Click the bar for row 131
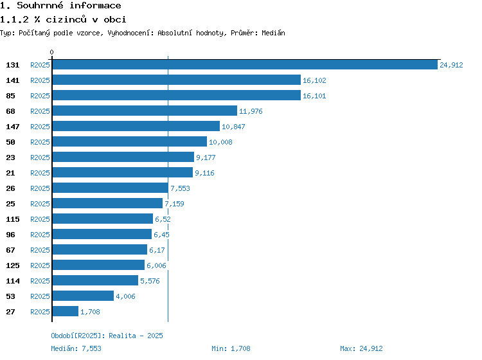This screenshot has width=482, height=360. coord(245,64)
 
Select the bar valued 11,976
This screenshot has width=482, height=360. coord(145,111)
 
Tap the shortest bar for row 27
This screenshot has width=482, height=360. coord(66,311)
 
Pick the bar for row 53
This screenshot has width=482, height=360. coord(83,296)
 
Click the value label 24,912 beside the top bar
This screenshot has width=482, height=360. coord(451,65)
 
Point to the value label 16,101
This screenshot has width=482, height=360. coord(314,96)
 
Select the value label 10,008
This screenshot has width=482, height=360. coord(220,142)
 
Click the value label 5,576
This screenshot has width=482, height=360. coord(150,281)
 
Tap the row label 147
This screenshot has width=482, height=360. coord(13,127)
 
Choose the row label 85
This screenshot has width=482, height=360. coord(10,96)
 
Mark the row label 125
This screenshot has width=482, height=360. coord(13,265)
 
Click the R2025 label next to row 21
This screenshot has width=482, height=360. coord(40,173)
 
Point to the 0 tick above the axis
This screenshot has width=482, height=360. coord(51,52)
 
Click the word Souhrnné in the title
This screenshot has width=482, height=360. coord(40,5)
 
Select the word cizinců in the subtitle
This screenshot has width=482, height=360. coord(66,19)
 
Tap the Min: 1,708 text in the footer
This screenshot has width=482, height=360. coord(231,348)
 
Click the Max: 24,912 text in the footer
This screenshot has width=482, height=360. coord(361,348)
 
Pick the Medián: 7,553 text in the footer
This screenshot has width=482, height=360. coord(76,348)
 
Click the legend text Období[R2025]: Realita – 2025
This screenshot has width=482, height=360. coord(107,336)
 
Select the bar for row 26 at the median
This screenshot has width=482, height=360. coord(111,188)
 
